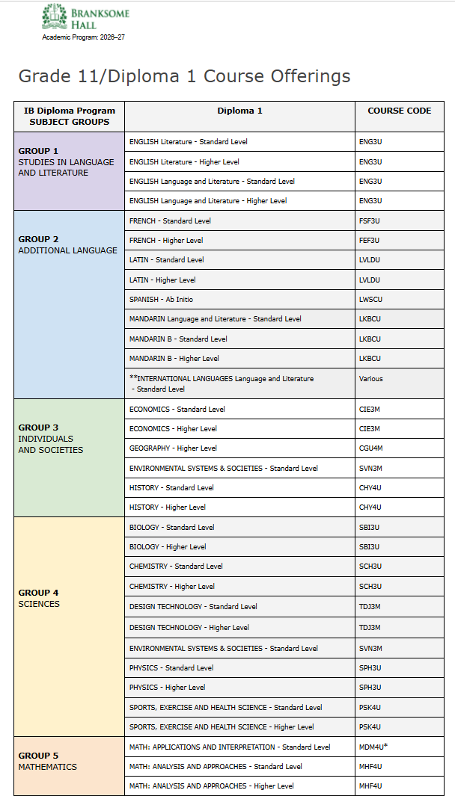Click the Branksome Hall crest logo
(x=54, y=16)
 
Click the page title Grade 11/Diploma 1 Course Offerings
(x=184, y=76)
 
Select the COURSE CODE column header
(x=399, y=111)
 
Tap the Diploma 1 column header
(x=239, y=111)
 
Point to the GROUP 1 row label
(x=38, y=151)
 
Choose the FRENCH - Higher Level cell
(x=166, y=241)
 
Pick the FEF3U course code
(x=370, y=241)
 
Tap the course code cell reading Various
(x=370, y=379)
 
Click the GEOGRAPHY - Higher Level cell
(x=173, y=448)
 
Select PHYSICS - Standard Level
(x=171, y=667)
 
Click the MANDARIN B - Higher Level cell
(x=174, y=359)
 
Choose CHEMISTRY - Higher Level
(x=171, y=587)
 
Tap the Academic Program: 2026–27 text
(x=83, y=37)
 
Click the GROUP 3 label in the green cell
(x=38, y=428)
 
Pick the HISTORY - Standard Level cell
(x=171, y=488)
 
